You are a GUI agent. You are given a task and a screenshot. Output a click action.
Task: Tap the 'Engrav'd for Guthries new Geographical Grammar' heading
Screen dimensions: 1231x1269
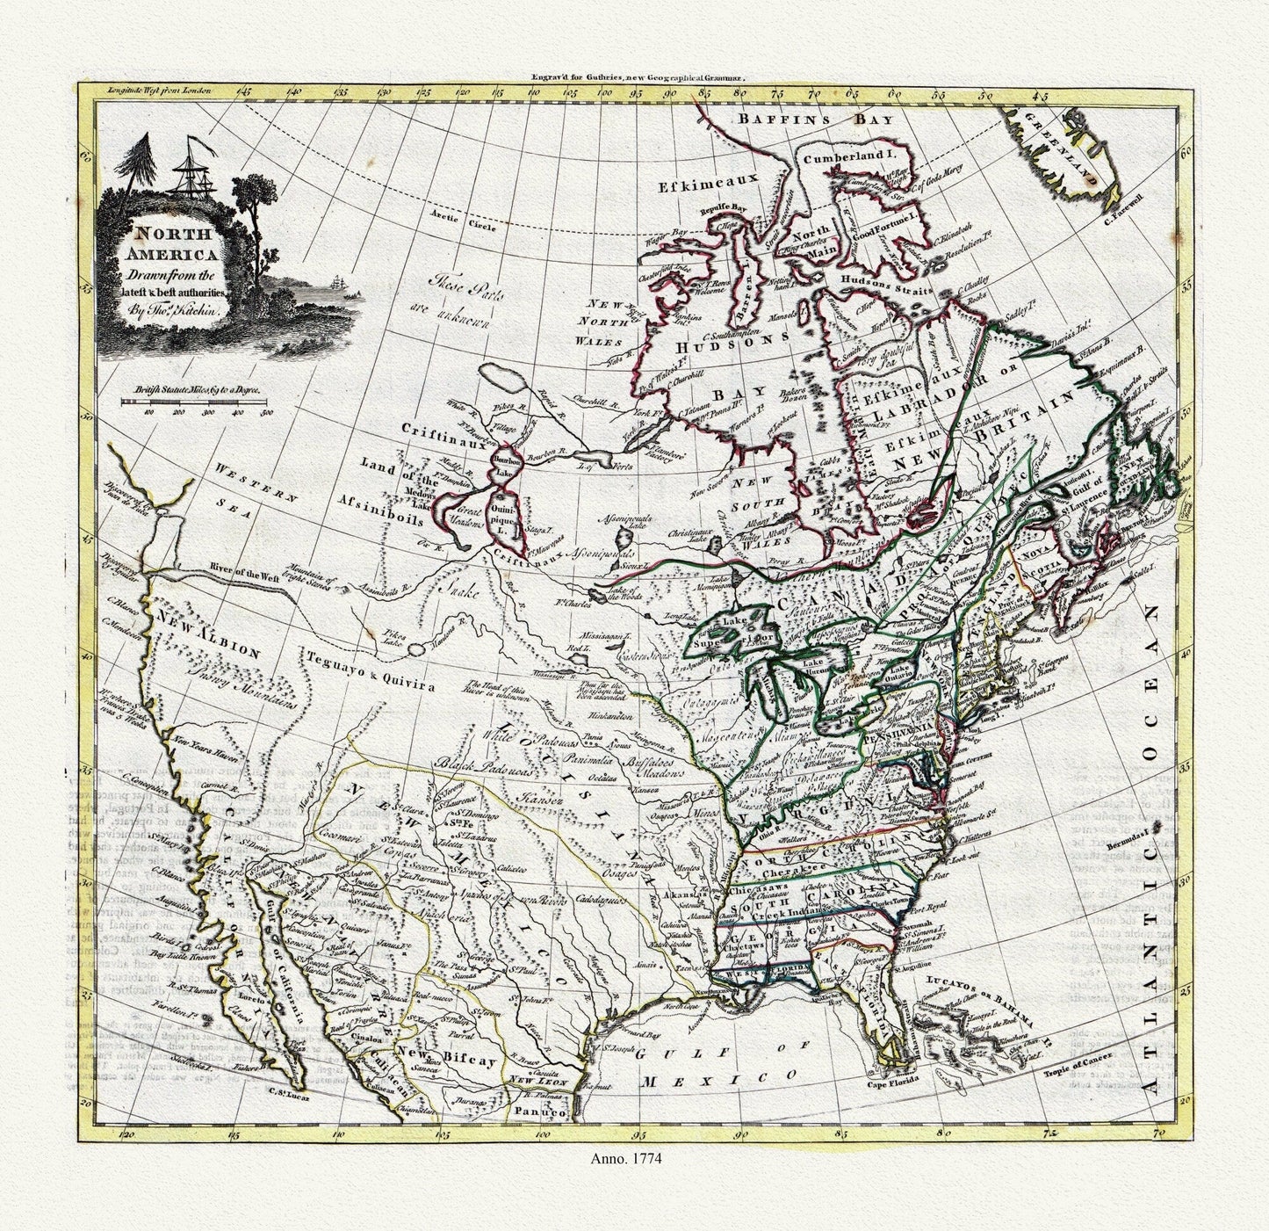[638, 77]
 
